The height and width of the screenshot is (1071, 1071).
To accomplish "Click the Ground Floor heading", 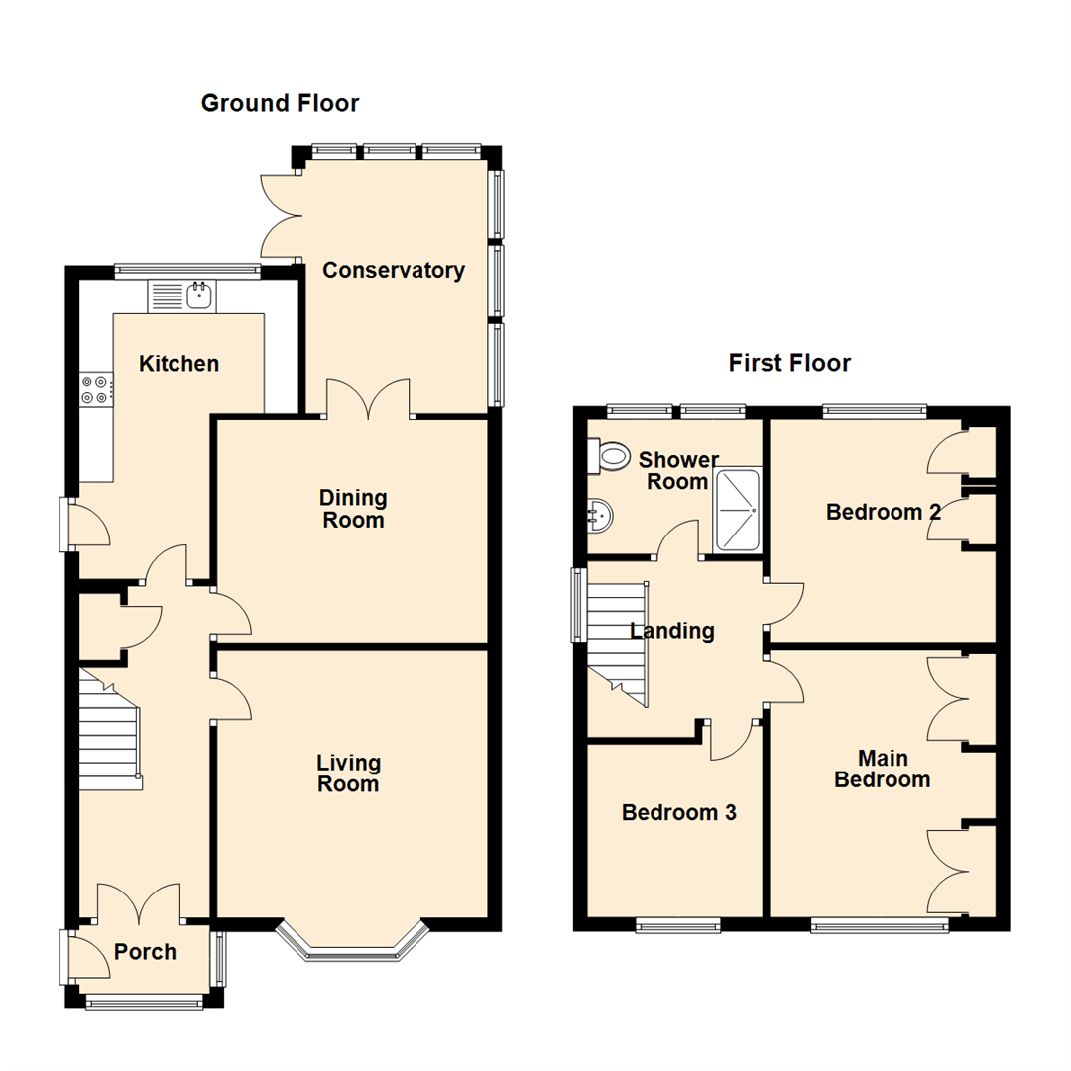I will [x=280, y=103].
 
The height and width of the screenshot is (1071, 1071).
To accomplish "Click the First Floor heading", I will [x=789, y=363].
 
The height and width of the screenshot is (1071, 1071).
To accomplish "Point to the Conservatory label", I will [x=394, y=271].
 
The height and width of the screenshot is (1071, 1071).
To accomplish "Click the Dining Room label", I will [x=353, y=508].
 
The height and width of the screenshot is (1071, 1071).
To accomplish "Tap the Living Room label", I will [x=348, y=773].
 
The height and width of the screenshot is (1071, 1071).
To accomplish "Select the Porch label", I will [x=145, y=953].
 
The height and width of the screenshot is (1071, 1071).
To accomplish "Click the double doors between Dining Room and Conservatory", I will [x=368, y=401].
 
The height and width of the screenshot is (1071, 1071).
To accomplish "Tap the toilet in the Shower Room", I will [x=611, y=457].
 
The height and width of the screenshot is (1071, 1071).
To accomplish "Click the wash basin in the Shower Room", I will [x=600, y=514].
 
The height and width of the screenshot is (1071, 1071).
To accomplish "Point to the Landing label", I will [x=672, y=631].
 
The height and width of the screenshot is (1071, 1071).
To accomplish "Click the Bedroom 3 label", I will [x=678, y=813].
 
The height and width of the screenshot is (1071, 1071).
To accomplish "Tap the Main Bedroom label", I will [x=882, y=769].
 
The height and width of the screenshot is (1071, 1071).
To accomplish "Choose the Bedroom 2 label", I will [x=884, y=512].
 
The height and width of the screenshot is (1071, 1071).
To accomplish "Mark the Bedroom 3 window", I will [x=678, y=925].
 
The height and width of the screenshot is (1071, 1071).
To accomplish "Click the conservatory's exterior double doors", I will [x=281, y=213].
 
